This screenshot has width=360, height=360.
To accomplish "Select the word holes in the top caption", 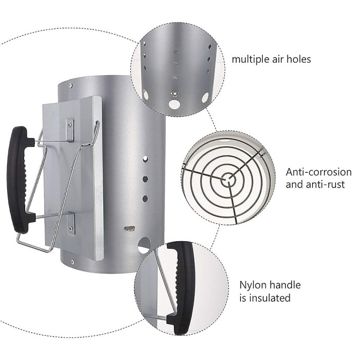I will click(x=298, y=59).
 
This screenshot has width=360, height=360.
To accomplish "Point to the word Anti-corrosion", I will click(x=318, y=172).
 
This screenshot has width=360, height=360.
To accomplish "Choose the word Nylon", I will click(x=252, y=285).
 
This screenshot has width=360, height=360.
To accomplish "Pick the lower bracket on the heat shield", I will click(x=71, y=221).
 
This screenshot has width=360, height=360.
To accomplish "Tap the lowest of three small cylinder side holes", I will click(x=146, y=197).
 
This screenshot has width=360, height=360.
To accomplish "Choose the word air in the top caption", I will click(x=277, y=59).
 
